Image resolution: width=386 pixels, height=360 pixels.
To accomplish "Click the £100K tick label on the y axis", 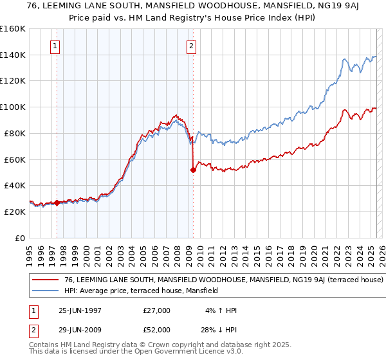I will click(x=13, y=107).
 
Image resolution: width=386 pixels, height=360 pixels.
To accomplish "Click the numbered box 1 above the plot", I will click(x=56, y=46).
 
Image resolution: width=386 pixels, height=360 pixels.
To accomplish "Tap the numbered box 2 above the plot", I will click(x=192, y=46).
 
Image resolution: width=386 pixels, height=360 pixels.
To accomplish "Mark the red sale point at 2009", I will click(x=193, y=170).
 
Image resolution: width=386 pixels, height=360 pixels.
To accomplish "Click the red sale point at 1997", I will click(x=57, y=203).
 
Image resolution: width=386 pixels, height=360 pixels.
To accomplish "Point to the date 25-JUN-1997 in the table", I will click(x=80, y=310).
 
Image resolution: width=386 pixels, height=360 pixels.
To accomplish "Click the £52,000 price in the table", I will click(x=157, y=329).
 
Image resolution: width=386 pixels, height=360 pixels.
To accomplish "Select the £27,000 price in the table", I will click(x=157, y=310).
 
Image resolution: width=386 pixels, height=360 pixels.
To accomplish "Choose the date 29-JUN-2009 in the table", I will click(x=80, y=329).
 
